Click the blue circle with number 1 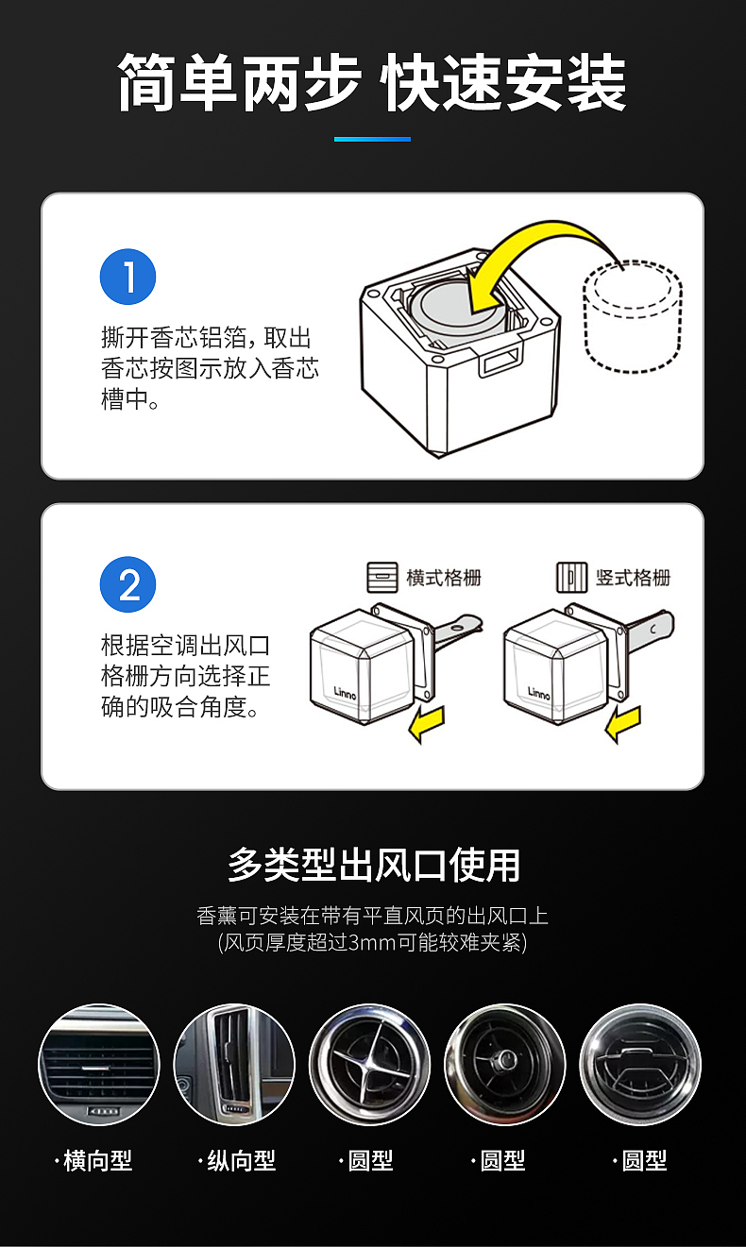(127, 278)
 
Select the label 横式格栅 (444, 577)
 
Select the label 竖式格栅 (633, 577)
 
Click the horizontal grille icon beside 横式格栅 (382, 577)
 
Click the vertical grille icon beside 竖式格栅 (571, 577)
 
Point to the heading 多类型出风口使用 (373, 864)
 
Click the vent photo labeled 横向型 (98, 1065)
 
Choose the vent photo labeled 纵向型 (234, 1065)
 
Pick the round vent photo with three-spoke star (369, 1065)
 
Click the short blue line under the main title (372, 139)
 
